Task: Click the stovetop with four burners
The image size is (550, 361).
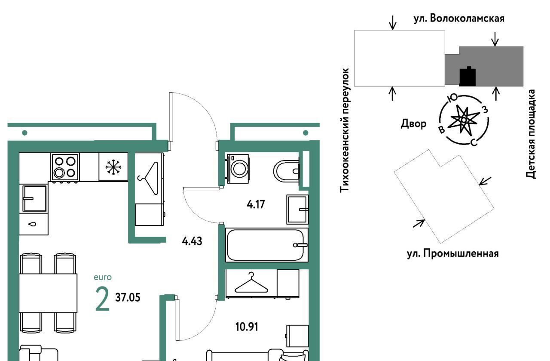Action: (65, 167)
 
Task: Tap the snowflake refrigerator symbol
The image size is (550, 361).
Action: (113, 167)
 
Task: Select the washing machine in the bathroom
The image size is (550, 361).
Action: (238, 169)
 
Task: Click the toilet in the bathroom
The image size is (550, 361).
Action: (287, 171)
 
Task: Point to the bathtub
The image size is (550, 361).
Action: (267, 245)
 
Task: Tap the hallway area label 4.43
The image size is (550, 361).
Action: (192, 241)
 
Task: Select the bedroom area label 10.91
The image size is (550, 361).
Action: (247, 327)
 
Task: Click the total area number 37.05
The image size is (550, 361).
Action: (128, 298)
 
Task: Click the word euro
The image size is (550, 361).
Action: (103, 277)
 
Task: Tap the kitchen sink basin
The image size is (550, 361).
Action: (35, 198)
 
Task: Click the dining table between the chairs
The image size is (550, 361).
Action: (48, 293)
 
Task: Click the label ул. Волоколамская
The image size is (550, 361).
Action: (459, 19)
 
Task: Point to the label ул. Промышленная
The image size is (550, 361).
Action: (453, 253)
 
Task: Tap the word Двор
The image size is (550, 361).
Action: (413, 123)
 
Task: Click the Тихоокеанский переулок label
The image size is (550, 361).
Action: (344, 130)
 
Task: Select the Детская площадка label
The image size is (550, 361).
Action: (530, 134)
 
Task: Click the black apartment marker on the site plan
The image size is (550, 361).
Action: (467, 77)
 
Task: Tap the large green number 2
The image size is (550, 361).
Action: (102, 299)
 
